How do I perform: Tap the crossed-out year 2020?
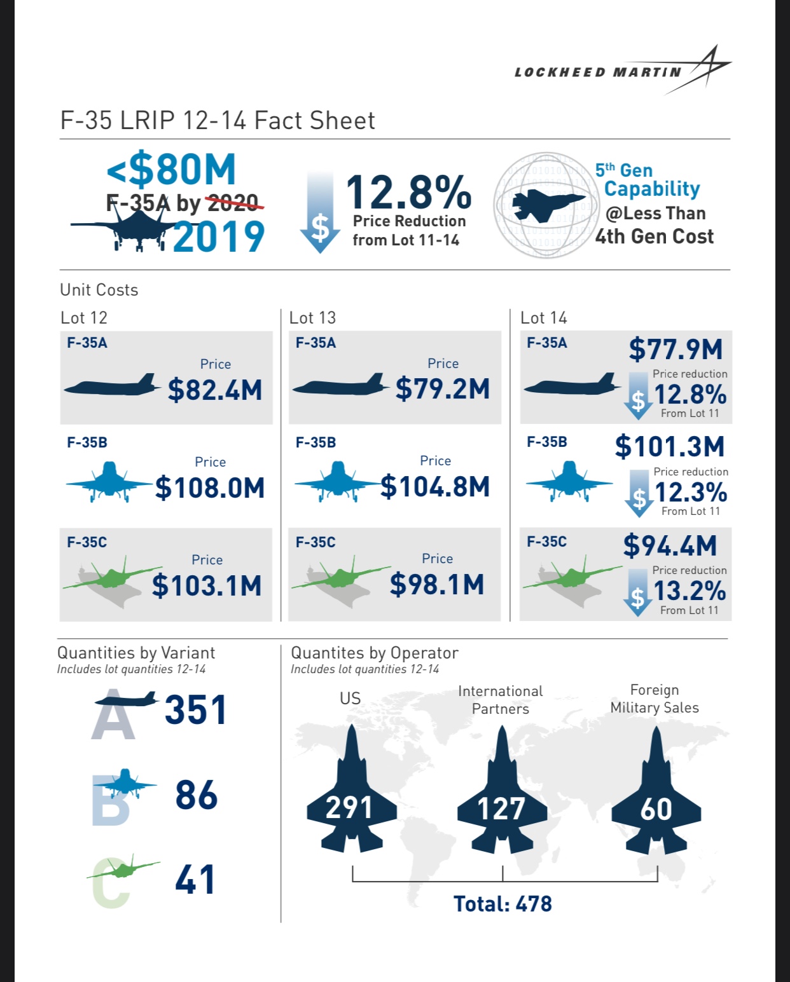click(x=233, y=203)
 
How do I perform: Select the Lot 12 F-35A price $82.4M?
click(x=215, y=390)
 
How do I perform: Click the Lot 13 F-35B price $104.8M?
click(x=436, y=488)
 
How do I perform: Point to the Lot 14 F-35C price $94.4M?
click(x=670, y=546)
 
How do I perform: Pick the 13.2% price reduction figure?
click(x=690, y=591)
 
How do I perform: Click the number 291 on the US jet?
click(x=349, y=808)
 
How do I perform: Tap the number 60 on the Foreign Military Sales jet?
click(x=656, y=809)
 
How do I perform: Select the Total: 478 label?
click(x=502, y=904)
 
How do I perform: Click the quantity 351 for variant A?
click(x=195, y=710)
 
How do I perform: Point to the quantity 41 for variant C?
click(x=195, y=880)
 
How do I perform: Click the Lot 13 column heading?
click(x=312, y=318)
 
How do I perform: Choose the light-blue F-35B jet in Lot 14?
click(x=568, y=482)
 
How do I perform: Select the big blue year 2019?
click(x=218, y=237)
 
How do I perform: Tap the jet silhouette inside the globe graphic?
click(x=546, y=205)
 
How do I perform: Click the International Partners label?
click(x=501, y=700)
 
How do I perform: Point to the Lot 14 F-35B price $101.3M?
click(x=669, y=446)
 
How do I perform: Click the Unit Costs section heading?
click(x=99, y=290)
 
